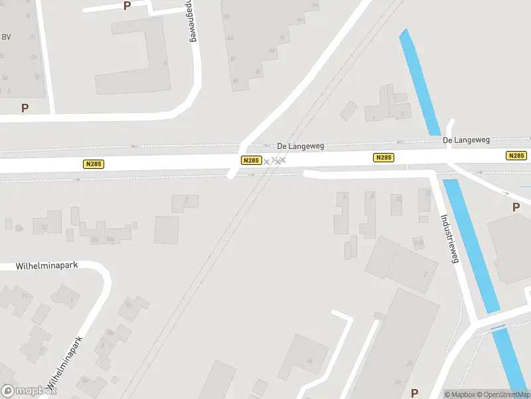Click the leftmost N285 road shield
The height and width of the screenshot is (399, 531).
tap(94, 164)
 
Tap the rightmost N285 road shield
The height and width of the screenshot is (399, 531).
tap(516, 156)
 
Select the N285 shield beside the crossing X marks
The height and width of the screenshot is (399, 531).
tap(250, 160)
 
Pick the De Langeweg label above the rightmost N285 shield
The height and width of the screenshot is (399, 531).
tap(466, 140)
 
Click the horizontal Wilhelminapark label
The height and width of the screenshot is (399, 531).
tap(47, 265)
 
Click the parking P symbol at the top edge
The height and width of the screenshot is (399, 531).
tap(127, 6)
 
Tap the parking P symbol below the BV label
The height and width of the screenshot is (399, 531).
tap(25, 108)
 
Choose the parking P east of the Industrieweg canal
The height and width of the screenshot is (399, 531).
tap(516, 207)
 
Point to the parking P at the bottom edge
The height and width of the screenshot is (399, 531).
tap(415, 393)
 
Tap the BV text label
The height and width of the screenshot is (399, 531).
tap(7, 37)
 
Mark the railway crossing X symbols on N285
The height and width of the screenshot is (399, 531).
tap(273, 161)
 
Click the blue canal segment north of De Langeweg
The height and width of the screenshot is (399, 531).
tap(419, 83)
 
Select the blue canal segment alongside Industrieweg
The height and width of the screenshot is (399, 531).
tap(471, 246)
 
